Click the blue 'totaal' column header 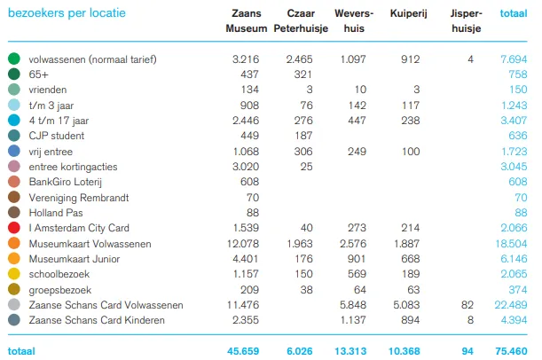click(x=513, y=14)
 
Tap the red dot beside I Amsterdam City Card click(x=13, y=228)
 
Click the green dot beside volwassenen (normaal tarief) click(x=13, y=59)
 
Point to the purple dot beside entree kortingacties click(x=13, y=165)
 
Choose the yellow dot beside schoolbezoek click(x=13, y=273)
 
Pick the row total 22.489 click(x=511, y=304)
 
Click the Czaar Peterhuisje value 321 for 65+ click(x=305, y=74)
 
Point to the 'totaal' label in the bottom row click(x=21, y=351)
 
